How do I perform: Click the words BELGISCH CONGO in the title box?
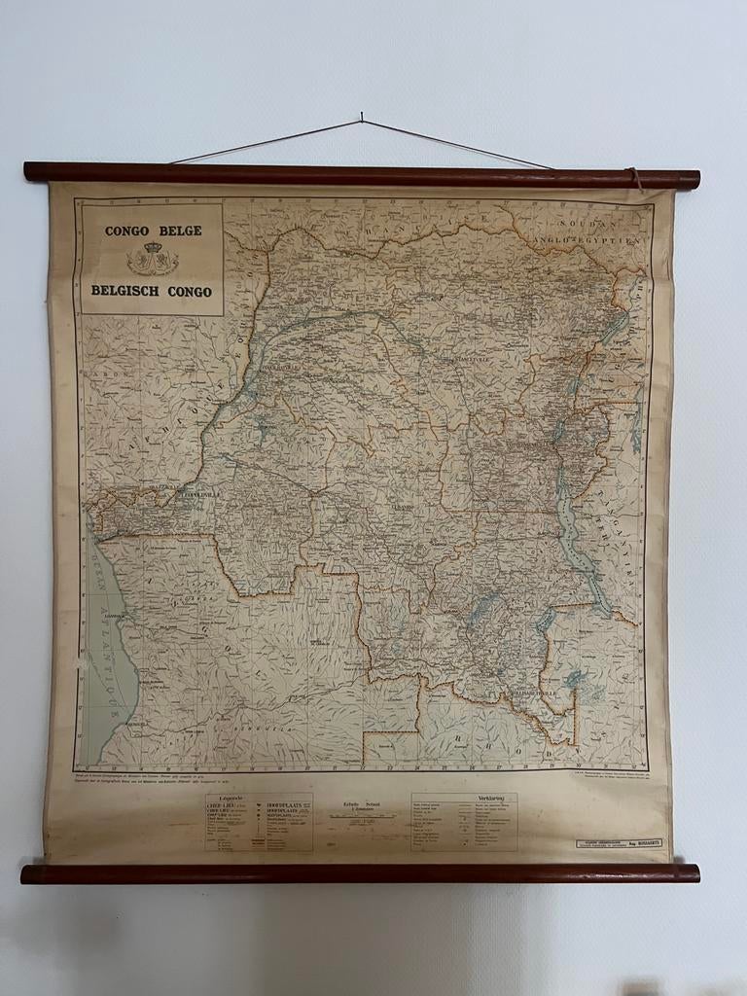(152, 290)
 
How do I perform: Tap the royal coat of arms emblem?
(152, 259)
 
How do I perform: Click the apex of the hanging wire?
(361, 119)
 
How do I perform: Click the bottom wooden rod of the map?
(360, 872)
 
